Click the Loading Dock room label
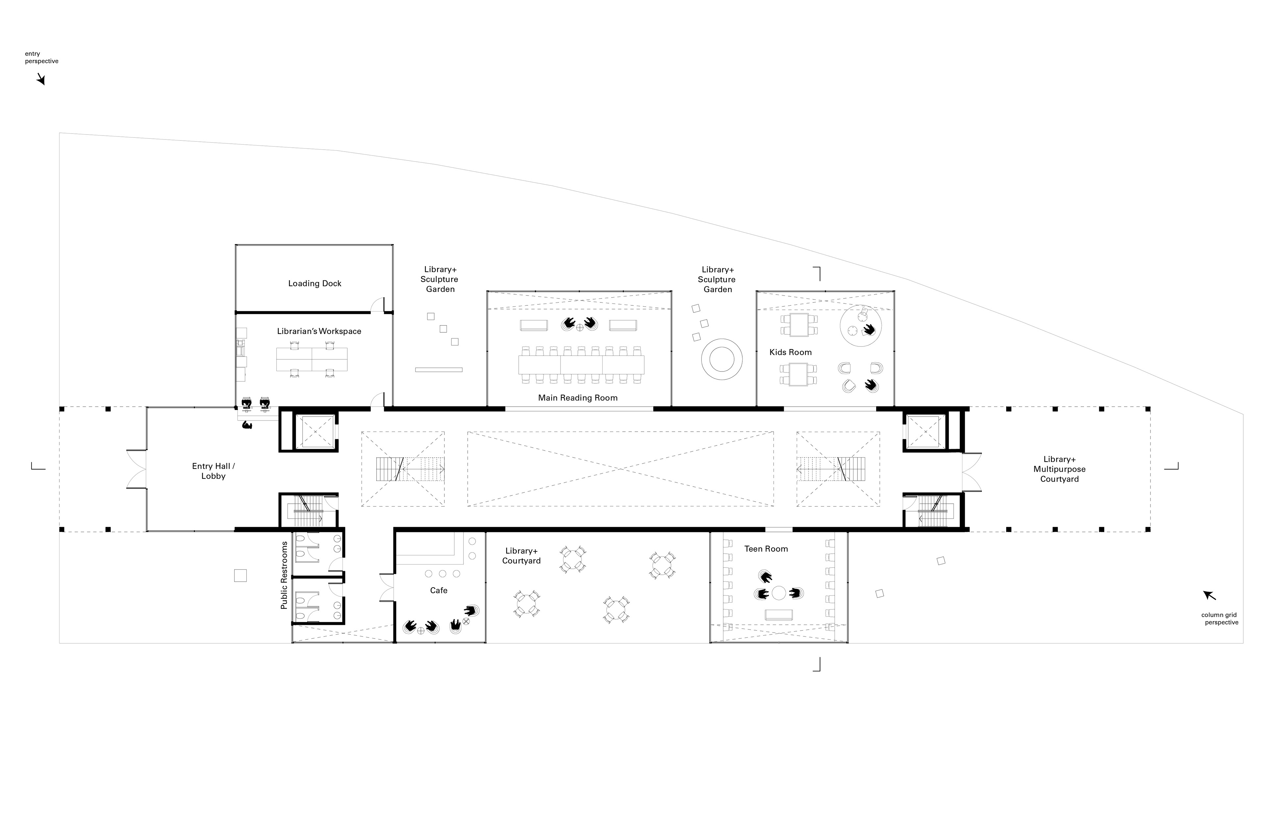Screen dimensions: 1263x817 tap(315, 284)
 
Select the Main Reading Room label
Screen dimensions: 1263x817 tap(577, 398)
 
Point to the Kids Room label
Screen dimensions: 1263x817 tap(790, 352)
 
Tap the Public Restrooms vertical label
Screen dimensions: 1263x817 tap(284, 576)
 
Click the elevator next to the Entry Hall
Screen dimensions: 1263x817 tap(315, 432)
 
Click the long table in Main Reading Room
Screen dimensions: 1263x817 tap(581, 365)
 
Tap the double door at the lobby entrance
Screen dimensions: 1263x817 tap(137, 469)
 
